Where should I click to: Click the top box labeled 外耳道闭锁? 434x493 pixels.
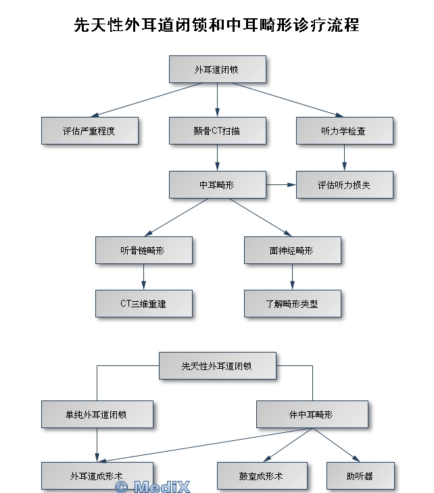pyautogui.click(x=217, y=69)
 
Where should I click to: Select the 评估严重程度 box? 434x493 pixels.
pyautogui.click(x=89, y=130)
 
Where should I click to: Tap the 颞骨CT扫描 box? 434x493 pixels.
pyautogui.click(x=217, y=130)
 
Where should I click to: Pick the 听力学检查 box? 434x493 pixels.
pyautogui.click(x=343, y=130)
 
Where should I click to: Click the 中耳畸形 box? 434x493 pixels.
pyautogui.click(x=217, y=184)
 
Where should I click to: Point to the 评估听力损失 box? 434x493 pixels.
pyautogui.click(x=343, y=184)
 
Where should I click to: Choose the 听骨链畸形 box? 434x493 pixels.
pyautogui.click(x=143, y=250)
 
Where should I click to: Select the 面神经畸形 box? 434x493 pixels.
pyautogui.click(x=292, y=250)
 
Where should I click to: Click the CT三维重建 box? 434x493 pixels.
pyautogui.click(x=143, y=303)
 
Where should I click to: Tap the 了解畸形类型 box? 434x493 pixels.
pyautogui.click(x=292, y=303)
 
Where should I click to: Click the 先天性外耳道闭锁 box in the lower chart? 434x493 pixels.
pyautogui.click(x=217, y=365)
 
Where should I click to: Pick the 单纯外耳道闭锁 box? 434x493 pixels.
pyautogui.click(x=97, y=414)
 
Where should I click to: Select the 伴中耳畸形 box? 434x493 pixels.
pyautogui.click(x=312, y=414)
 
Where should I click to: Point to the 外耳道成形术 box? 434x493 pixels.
pyautogui.click(x=97, y=475)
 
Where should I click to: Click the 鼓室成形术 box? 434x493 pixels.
pyautogui.click(x=262, y=475)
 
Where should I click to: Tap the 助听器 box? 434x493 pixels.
pyautogui.click(x=359, y=475)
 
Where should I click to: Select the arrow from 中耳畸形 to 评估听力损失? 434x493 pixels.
pyautogui.click(x=281, y=184)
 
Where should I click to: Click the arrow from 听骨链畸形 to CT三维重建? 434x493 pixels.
pyautogui.click(x=143, y=276)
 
